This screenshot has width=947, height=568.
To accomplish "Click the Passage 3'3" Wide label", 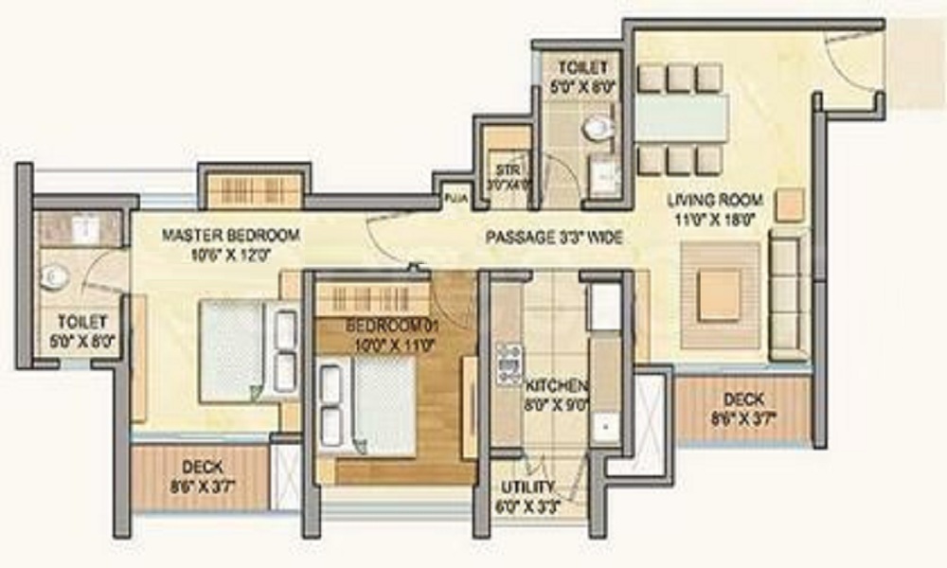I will [554, 238].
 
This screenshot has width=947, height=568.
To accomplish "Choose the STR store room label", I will [504, 170].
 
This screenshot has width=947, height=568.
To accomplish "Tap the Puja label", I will [455, 199].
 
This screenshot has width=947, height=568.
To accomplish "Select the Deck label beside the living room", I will [744, 399].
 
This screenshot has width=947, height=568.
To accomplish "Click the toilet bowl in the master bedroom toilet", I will [54, 277].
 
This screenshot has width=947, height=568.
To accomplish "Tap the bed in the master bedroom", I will [237, 350].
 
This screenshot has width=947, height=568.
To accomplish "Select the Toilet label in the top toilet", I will [575, 68].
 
